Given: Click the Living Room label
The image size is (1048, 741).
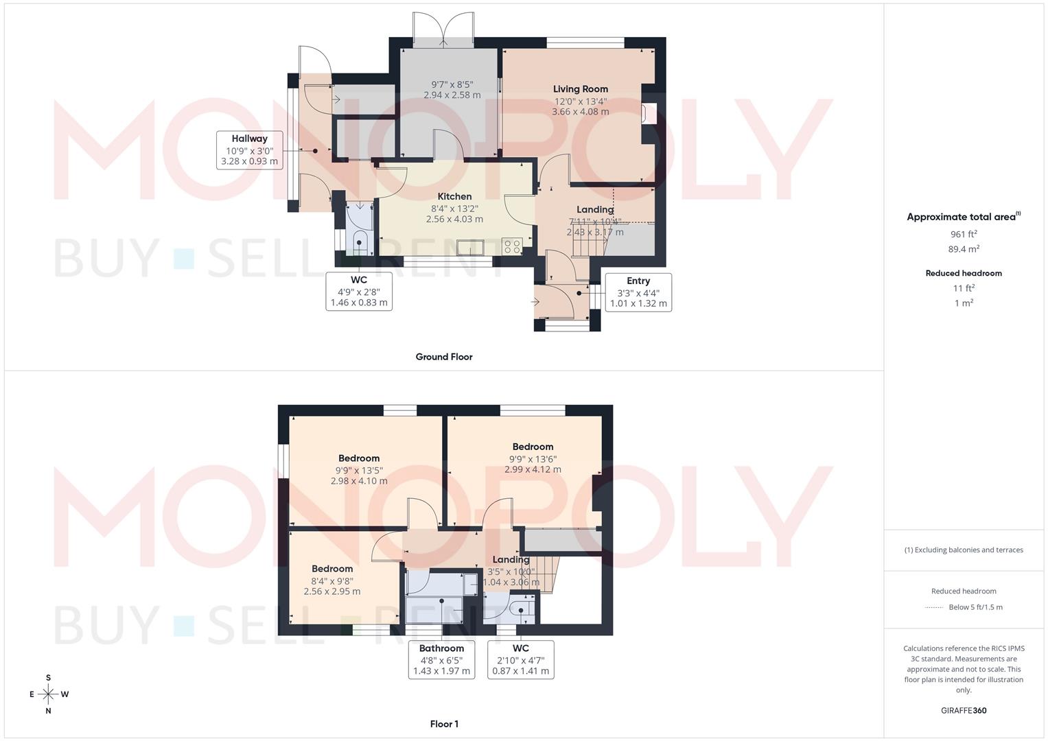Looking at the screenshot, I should pos(581,89).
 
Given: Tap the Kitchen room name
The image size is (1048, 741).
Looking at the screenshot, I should pos(454,197).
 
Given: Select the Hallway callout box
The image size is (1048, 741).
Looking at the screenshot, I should pos(249,150).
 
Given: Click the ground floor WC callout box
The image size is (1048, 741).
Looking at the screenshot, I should pos(359,291).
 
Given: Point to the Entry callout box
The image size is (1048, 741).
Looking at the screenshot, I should pos(638,292).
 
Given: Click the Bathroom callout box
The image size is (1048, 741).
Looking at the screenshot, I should pos(441,659).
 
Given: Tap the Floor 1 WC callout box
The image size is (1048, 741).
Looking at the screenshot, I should pos(520,659).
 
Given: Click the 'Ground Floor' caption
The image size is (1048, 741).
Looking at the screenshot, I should pos(444,357).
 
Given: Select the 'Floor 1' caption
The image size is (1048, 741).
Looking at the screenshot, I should pos(444,724).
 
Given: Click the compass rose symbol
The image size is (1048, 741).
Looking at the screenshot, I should pos(48,694).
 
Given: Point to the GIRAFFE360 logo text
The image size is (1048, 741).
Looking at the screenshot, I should pos(964,711).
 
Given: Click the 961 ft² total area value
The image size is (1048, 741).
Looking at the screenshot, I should pos(964,234).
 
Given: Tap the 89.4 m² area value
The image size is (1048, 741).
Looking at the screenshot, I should pos(964,249).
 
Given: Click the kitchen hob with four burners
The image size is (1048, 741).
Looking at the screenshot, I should pos(512,246).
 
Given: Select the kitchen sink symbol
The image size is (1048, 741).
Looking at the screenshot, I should pos(471,247).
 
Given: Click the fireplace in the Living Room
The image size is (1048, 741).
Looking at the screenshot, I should pos(648,114).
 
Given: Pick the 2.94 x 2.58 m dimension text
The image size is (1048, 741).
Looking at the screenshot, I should pos(452,95).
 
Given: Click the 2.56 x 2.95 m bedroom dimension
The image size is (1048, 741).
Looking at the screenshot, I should pos(331,591).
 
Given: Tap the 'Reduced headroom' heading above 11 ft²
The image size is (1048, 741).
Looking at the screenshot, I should pos(964,273).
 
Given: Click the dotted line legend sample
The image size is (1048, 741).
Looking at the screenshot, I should pos(934,607).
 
